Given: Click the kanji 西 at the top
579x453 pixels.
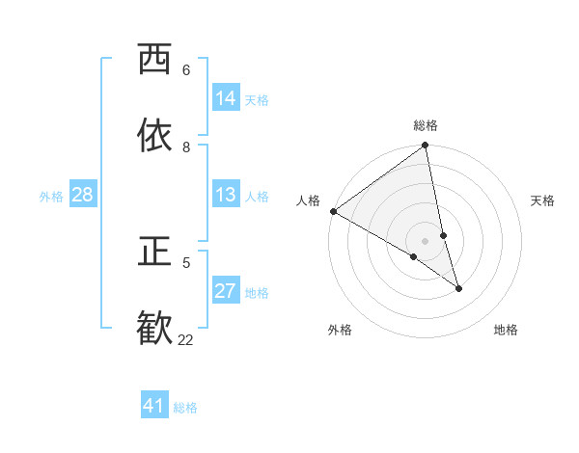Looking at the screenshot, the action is (153, 60).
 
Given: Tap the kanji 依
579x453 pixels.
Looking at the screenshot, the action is (153, 136).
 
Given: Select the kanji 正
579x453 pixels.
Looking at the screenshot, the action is (153, 252).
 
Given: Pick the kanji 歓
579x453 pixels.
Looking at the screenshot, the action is (153, 328).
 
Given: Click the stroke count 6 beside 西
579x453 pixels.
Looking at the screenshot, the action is (186, 70).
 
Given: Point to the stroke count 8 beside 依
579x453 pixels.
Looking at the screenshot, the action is (186, 147).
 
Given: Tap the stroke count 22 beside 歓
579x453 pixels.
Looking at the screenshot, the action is (185, 339).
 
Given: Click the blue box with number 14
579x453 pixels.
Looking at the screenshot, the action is (226, 98).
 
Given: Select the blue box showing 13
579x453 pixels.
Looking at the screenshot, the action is (226, 195).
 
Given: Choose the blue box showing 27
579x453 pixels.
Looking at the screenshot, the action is (226, 291).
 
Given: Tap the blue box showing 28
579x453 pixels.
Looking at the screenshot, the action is (83, 195).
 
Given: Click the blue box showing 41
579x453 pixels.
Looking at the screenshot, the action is (154, 406).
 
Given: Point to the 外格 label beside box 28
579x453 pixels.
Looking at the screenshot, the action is (51, 197).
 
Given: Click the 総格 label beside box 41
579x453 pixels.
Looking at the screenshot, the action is (185, 408).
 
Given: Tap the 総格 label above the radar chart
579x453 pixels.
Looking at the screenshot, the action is (426, 125).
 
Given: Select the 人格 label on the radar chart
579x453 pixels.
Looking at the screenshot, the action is (309, 200).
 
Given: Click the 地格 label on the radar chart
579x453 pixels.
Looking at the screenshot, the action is (506, 330).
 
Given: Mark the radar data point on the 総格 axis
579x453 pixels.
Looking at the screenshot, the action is (426, 147).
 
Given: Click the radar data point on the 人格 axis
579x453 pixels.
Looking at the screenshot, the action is (333, 211).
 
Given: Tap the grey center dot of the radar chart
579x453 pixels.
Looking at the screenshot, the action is (426, 241).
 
